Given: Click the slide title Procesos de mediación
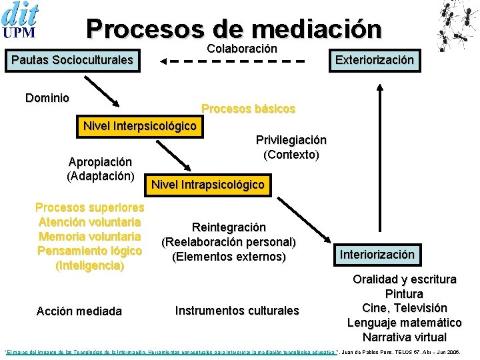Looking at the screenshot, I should pos(234,29).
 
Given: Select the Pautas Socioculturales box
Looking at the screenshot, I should pos(72,61).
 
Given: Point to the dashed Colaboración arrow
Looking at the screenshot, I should pos(233,61).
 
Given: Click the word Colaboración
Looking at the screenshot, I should pos(242,49).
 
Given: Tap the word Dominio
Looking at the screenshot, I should pos(47,98).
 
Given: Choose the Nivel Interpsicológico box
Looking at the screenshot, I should pos(139,126).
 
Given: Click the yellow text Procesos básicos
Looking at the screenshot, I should pos(248,108).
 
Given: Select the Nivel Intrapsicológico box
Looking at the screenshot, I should pos(208,185).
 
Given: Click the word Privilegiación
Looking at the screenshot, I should pos(291,140).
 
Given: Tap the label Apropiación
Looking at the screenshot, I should pos(100,162).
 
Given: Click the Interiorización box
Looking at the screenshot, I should pos(377,254).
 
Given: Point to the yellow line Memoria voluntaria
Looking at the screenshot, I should pos(89,236).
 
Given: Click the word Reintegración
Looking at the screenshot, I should pos(229,227).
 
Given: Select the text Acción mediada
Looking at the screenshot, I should pos(79,311).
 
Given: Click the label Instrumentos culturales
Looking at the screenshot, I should pos(237,310).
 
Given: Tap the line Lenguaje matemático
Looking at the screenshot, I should pos(404,323).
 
